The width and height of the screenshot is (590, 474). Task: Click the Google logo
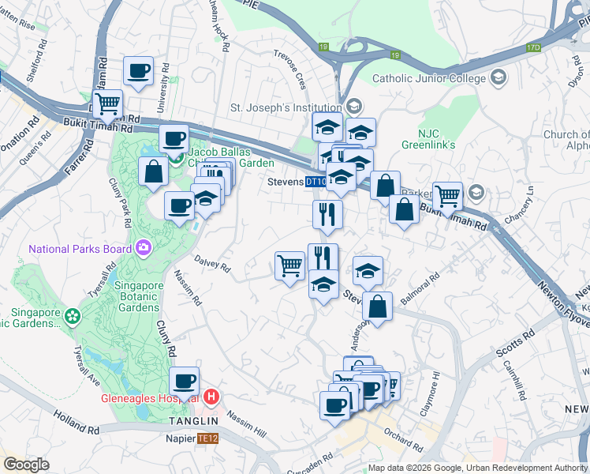point(26,465)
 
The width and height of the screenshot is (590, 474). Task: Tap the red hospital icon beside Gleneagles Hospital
point(211,397)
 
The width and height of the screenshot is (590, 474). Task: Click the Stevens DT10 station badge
point(316,182)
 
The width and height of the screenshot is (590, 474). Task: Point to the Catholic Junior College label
point(430,77)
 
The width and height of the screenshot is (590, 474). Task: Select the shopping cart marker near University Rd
point(106,102)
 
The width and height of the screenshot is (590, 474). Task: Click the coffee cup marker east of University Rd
point(138,71)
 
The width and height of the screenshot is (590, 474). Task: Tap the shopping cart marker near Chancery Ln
point(447,194)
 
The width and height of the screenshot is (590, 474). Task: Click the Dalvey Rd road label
point(212,266)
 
